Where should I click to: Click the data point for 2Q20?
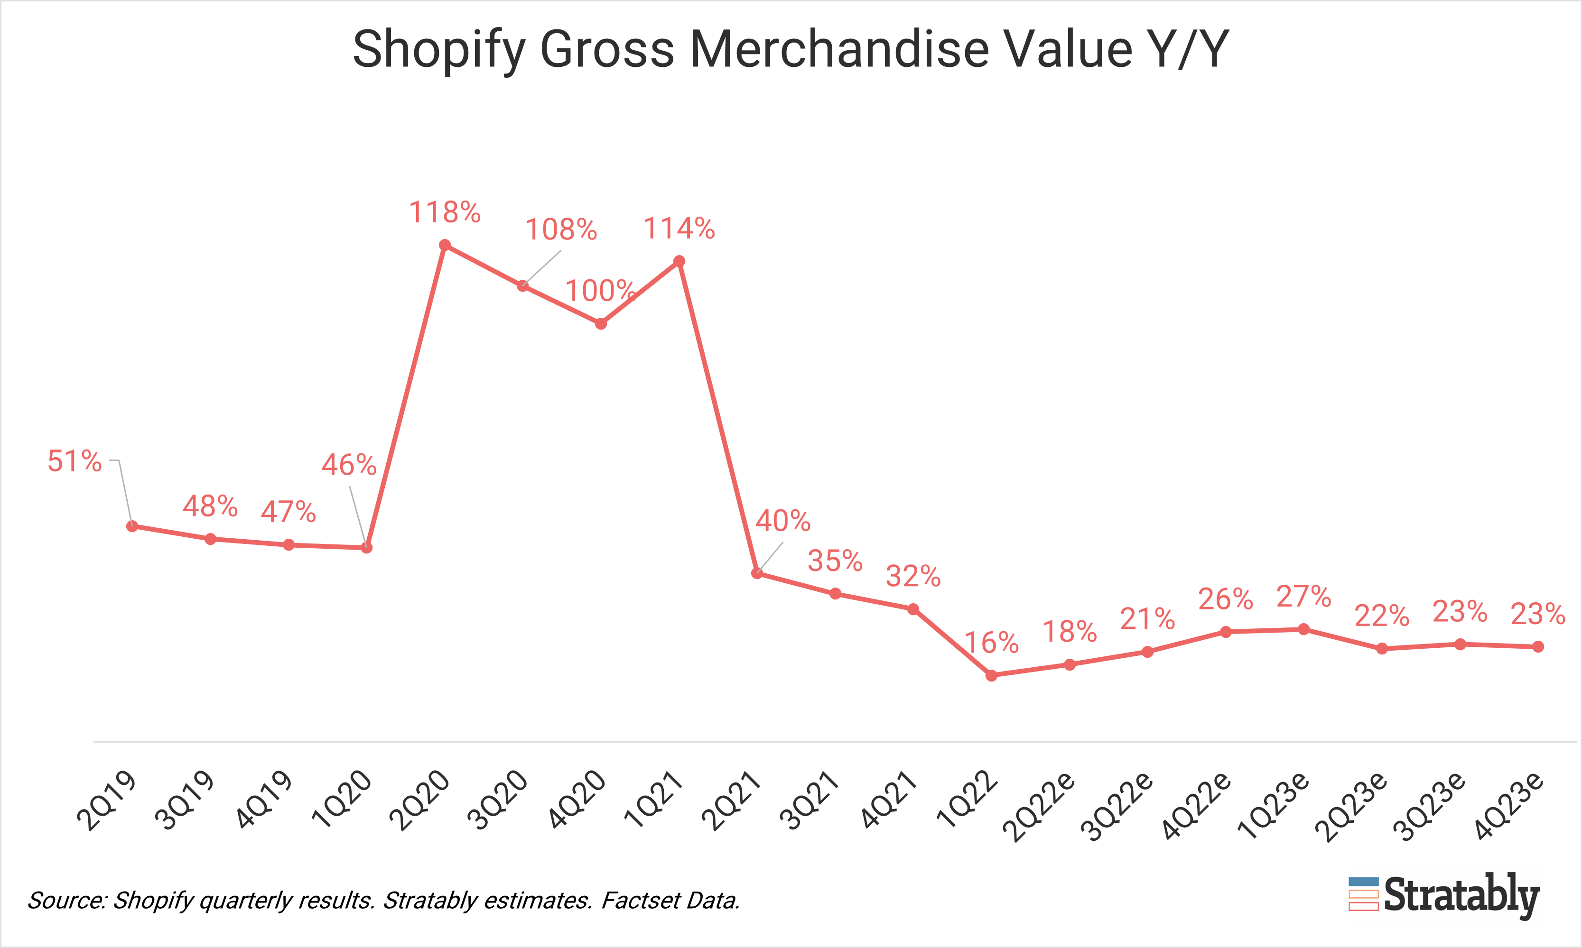[445, 245]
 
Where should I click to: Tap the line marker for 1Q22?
[991, 676]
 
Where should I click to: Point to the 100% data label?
[600, 291]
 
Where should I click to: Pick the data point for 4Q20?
[601, 324]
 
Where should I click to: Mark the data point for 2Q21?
[757, 573]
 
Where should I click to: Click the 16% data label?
[991, 643]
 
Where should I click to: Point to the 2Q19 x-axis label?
[107, 801]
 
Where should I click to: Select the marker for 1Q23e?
[1304, 629]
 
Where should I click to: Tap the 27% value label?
[1304, 597]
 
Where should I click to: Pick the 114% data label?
[679, 229]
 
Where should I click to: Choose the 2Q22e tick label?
[1039, 806]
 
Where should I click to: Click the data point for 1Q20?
[367, 547]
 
